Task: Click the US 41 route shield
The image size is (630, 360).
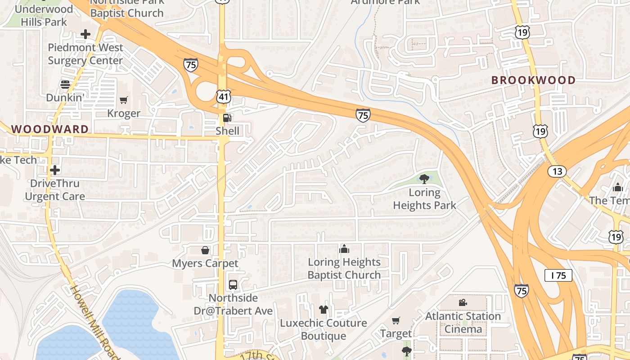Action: coord(223,96)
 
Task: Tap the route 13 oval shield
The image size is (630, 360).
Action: coord(557,171)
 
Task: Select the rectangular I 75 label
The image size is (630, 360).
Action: coord(558,275)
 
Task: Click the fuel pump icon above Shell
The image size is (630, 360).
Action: coord(227,118)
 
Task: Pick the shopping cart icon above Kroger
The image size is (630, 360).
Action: coord(124,100)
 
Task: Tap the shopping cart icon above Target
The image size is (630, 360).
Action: coord(396,321)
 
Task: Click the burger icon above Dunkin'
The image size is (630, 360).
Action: coord(65,84)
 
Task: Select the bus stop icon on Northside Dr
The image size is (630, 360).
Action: coord(233,285)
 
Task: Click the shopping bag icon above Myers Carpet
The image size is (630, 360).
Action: coord(205,250)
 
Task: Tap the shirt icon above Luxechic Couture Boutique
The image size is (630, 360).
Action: coord(324,310)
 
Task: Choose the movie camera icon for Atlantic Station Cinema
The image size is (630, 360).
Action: coord(463,303)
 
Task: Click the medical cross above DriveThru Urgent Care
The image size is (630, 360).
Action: coord(55,170)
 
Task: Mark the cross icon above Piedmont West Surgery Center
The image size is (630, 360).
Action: coord(85,34)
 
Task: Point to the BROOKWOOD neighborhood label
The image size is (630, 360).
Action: coord(533,81)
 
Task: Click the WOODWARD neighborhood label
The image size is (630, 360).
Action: coord(50,129)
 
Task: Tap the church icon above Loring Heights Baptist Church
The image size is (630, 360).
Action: coord(344,249)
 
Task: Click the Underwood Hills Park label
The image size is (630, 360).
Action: coord(44,15)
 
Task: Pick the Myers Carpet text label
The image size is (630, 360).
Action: coord(205,263)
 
